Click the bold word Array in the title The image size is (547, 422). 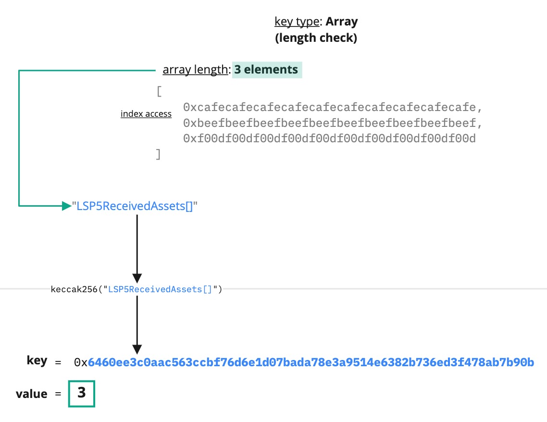click(342, 22)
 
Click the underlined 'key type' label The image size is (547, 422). click(296, 22)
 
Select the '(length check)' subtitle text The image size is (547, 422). click(316, 38)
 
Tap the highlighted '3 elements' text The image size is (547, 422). click(267, 70)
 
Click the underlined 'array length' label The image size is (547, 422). click(195, 70)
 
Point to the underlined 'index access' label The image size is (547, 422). click(146, 114)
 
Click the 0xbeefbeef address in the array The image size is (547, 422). click(332, 123)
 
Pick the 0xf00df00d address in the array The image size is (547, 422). click(329, 139)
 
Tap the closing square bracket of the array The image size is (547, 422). click(158, 155)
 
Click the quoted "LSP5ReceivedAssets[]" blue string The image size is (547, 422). click(135, 206)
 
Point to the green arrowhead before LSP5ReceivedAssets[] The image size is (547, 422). click(66, 206)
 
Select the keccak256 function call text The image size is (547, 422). click(136, 289)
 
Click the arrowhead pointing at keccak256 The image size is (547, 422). click(137, 278)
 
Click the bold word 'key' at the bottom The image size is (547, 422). click(37, 361)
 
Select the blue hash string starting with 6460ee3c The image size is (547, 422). click(311, 362)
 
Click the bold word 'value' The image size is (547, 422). click(32, 394)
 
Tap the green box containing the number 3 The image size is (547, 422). click(82, 394)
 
